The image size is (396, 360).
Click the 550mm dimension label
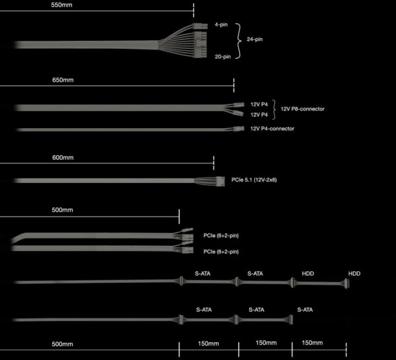(x=61, y=5)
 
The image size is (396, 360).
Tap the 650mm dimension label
(x=63, y=80)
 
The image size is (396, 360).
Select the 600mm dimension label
(x=63, y=157)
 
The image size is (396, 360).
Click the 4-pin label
(x=221, y=24)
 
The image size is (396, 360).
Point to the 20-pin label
(x=223, y=57)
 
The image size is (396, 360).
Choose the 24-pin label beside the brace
(x=255, y=39)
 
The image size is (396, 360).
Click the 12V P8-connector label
(x=302, y=109)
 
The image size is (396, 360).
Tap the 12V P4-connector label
(x=272, y=129)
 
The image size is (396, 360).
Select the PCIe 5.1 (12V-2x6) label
(x=254, y=180)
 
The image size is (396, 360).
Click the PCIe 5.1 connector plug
(x=220, y=181)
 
